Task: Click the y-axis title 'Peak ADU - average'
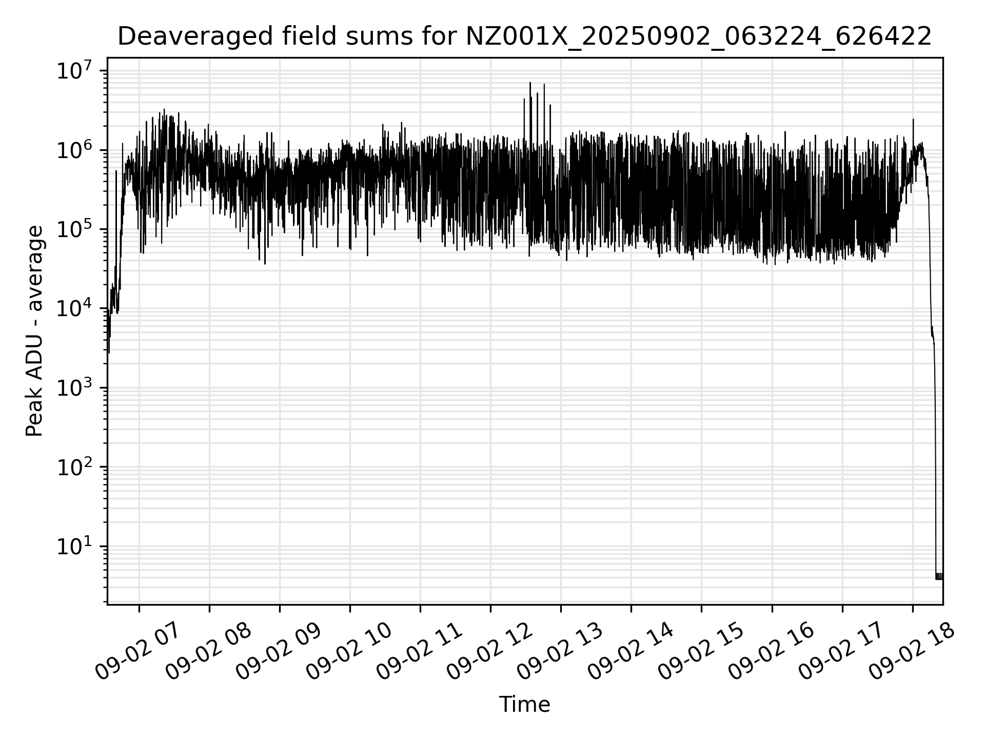pos(35,331)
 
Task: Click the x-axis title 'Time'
pos(524,705)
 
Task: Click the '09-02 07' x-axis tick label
pos(139,652)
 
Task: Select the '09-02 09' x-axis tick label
pos(279,652)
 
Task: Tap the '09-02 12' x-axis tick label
pos(490,652)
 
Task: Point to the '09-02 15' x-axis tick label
pos(701,652)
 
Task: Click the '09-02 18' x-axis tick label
pos(912,652)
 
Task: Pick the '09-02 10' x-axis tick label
pos(349,652)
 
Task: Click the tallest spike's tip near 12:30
pos(530,83)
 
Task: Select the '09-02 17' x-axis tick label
pos(841,652)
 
